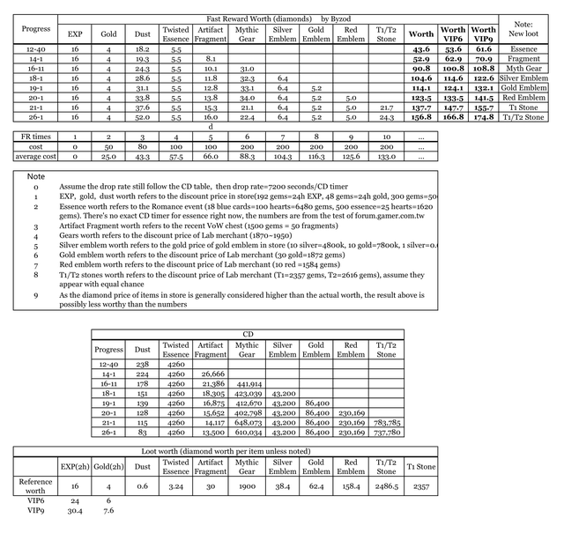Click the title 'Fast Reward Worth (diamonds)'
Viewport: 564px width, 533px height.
(x=260, y=18)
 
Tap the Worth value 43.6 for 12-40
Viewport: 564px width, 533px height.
(x=421, y=49)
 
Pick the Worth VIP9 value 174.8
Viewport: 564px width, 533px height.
(x=484, y=117)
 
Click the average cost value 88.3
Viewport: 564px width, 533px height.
(x=246, y=157)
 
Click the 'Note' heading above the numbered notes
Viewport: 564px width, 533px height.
(x=36, y=177)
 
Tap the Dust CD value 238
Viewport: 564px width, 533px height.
(x=143, y=363)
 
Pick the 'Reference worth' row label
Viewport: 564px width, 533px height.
(x=35, y=485)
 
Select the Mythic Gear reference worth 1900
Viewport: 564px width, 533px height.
(x=246, y=485)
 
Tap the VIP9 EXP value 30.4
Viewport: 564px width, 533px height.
(x=73, y=509)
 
